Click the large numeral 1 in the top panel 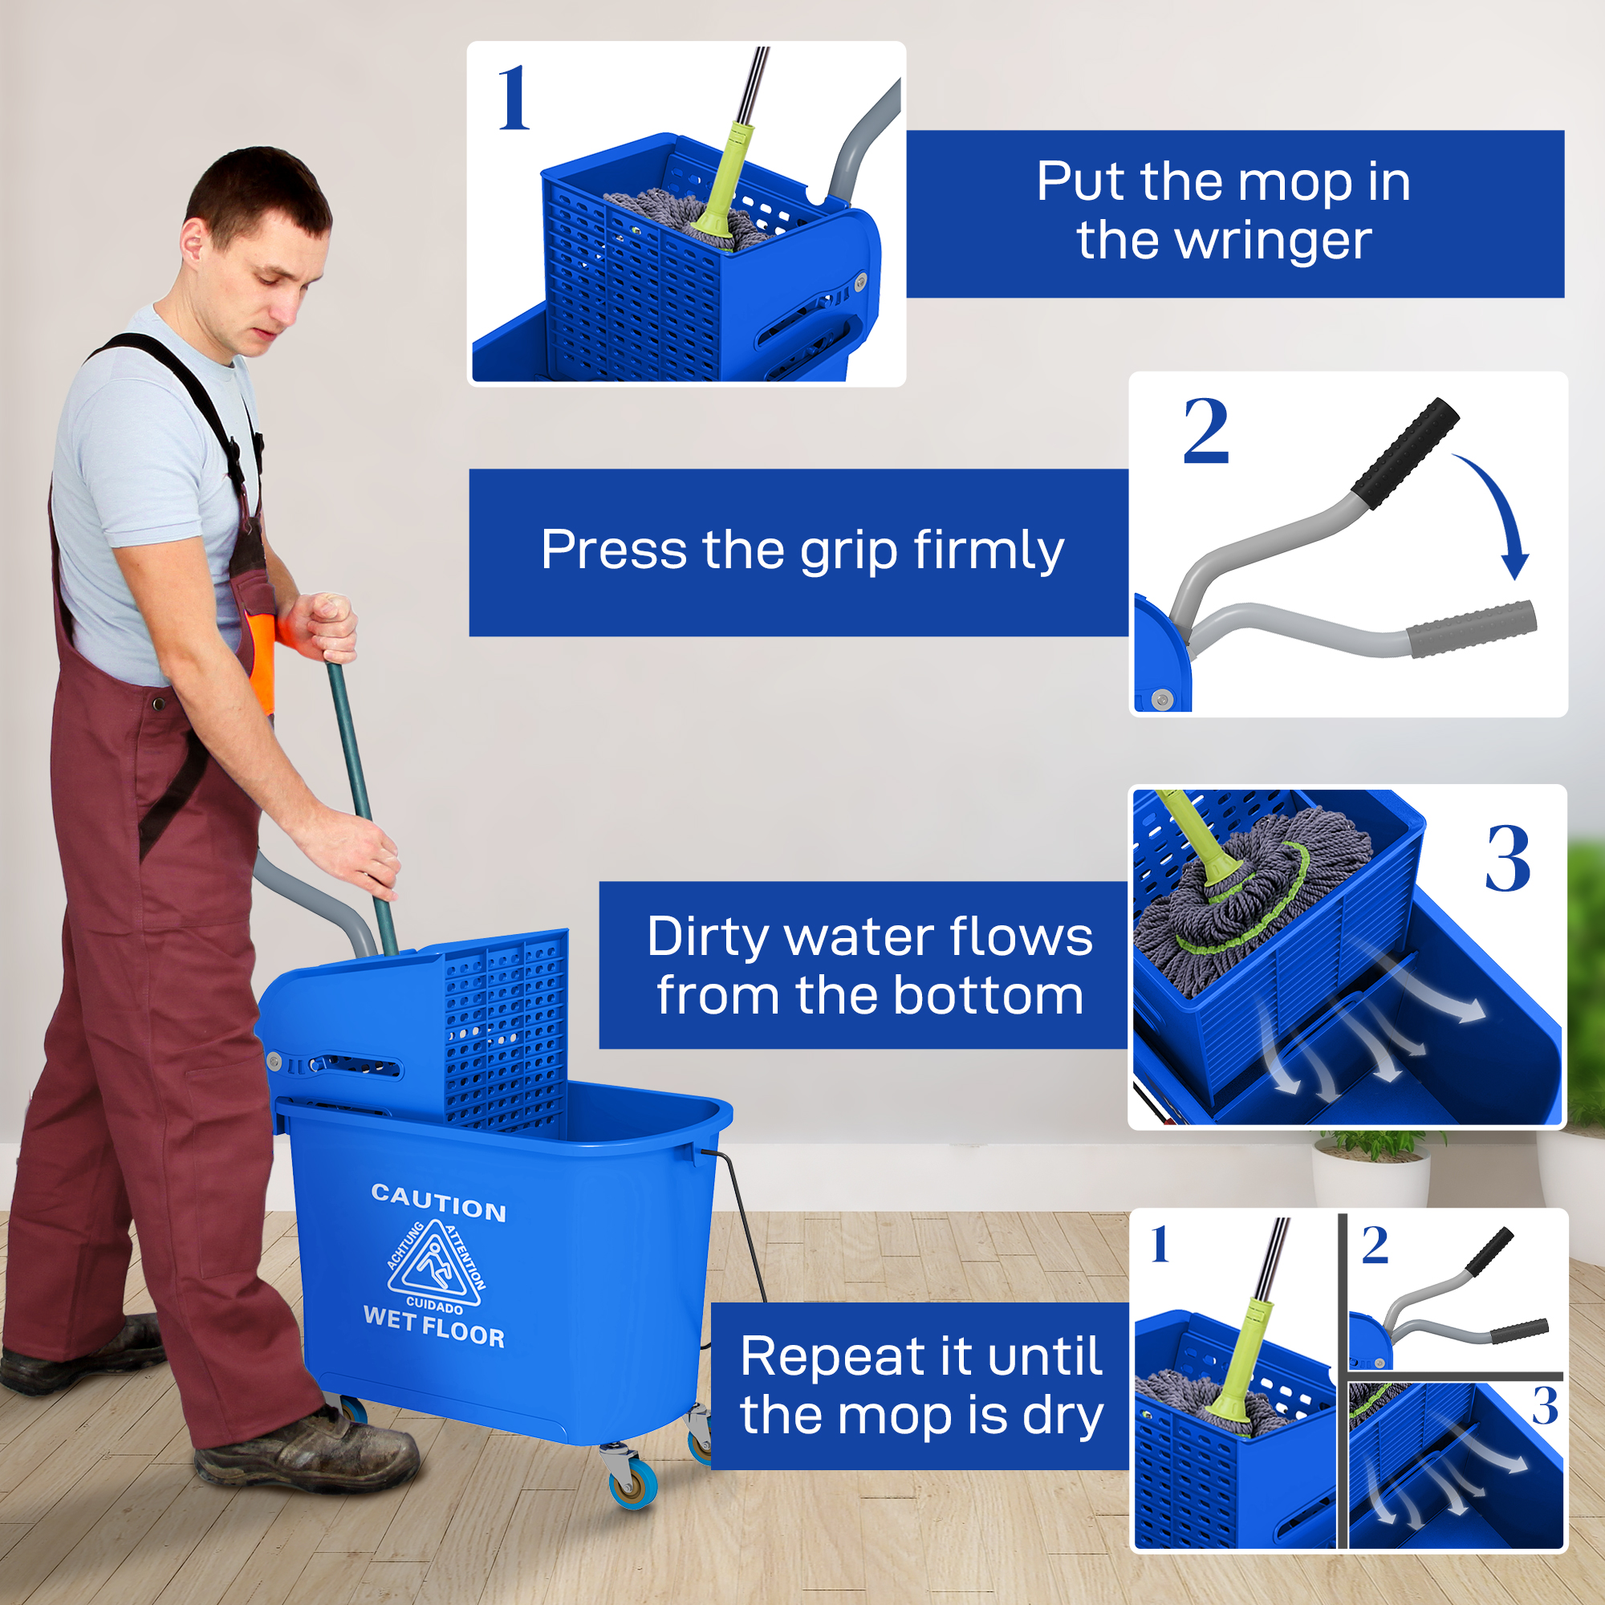click(514, 100)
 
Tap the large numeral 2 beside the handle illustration click(1205, 432)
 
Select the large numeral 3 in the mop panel click(1508, 859)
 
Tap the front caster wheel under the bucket click(633, 1486)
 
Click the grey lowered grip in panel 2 click(1470, 629)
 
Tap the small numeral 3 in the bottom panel click(1544, 1406)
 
